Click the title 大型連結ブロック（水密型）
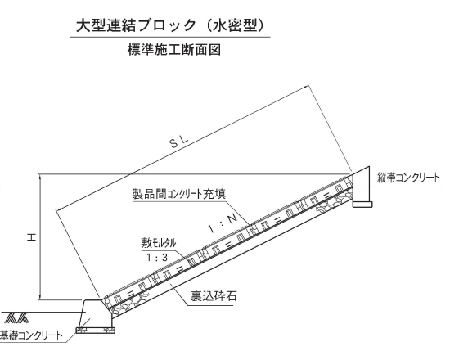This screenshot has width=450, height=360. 169,25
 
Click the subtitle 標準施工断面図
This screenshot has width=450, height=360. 174,50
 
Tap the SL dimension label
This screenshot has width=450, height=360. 179,142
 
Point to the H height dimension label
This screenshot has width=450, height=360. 31,237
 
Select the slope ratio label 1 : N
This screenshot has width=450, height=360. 223,224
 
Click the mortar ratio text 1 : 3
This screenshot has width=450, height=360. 157,258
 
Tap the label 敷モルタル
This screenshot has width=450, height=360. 158,243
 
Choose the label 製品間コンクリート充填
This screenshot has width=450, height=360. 179,194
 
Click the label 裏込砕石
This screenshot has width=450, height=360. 214,295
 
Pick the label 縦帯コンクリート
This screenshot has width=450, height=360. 408,178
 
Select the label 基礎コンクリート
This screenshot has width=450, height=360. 31,335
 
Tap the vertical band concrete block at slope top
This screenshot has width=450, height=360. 361,184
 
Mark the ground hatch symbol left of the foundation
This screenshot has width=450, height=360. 16,317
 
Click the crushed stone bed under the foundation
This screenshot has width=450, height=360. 96,331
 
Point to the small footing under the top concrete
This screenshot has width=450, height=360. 362,204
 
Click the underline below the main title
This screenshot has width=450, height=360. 170,37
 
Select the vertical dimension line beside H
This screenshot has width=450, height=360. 40,236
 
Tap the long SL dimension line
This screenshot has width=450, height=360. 182,147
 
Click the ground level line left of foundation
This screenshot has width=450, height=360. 41,312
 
